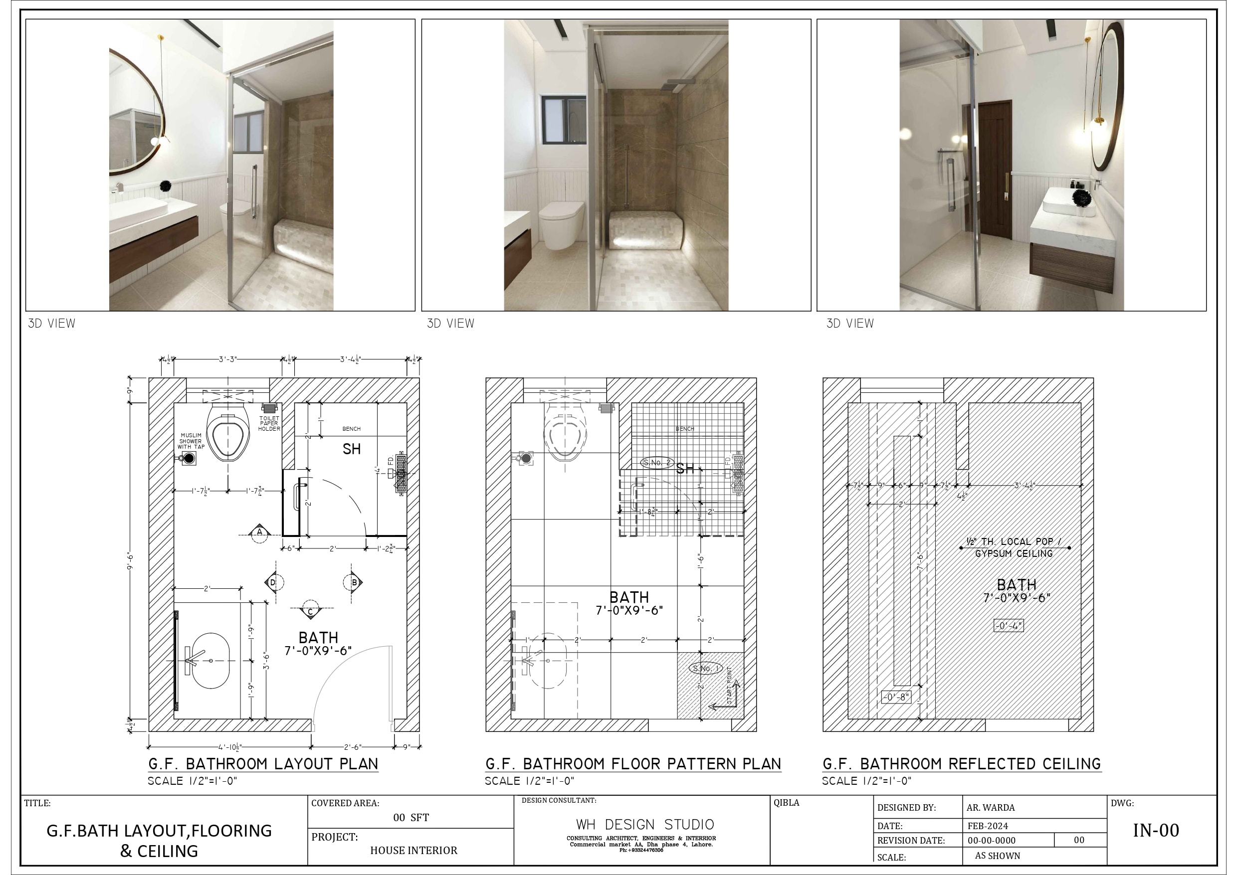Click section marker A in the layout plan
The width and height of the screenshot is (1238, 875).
[x=259, y=532]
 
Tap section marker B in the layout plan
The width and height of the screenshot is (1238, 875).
[x=354, y=582]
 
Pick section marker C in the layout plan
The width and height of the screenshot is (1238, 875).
[x=310, y=611]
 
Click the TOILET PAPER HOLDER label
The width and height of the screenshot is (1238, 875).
[x=269, y=423]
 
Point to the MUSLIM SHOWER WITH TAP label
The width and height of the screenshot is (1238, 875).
[x=191, y=441]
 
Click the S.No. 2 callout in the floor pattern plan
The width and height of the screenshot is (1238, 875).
[x=657, y=463]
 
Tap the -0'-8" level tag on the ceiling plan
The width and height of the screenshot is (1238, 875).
[x=896, y=697]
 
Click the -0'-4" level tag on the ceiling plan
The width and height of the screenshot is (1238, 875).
[x=1008, y=626]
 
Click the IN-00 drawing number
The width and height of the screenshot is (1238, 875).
[x=1156, y=830]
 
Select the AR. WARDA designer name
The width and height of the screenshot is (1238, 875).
[x=991, y=808]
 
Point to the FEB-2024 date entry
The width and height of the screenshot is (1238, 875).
[x=988, y=826]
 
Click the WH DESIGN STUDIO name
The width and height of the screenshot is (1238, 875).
[x=645, y=824]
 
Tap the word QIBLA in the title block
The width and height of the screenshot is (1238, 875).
[x=786, y=803]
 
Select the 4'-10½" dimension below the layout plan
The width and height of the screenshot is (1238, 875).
[x=230, y=747]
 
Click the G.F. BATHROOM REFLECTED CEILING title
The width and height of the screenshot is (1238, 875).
[x=961, y=764]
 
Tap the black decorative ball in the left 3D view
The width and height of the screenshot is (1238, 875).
[x=166, y=186]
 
